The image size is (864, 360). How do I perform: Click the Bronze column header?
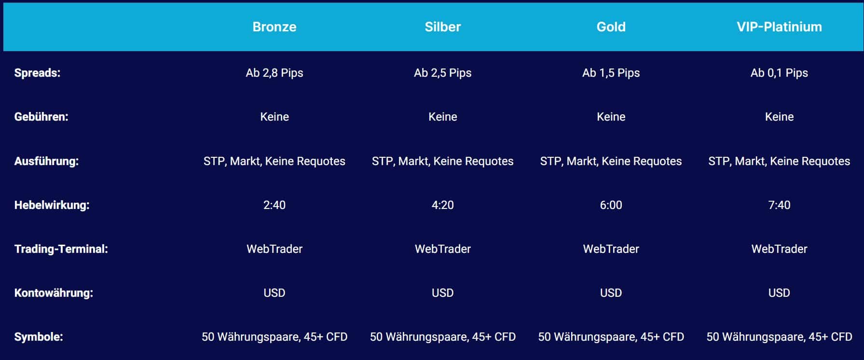pos(274,27)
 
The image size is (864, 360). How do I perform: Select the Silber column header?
pos(442,27)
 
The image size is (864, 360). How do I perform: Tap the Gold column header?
pos(611,27)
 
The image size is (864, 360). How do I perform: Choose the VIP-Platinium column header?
pos(779,27)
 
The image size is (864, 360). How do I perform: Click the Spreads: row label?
pos(37,73)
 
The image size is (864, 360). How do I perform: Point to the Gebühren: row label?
pos(41,117)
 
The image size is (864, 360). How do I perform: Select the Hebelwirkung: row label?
pos(52,205)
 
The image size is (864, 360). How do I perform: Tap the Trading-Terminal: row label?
pos(61,249)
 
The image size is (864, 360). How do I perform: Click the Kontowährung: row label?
pos(54,293)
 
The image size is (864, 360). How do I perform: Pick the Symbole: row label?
pos(39,337)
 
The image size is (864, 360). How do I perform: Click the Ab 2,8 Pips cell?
pos(274,73)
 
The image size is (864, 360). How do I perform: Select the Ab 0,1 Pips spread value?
pos(779,73)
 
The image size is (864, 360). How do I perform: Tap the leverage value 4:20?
pos(442,205)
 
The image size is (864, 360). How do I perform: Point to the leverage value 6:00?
pos(611,205)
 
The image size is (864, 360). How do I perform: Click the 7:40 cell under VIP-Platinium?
pos(779,205)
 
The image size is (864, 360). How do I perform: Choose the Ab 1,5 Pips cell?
pos(611,73)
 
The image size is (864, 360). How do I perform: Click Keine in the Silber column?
pos(442,117)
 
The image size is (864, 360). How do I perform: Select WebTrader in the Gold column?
pos(611,249)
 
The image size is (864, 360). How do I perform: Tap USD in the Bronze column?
pos(274,293)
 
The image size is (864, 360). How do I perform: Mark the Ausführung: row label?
pos(46,161)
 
